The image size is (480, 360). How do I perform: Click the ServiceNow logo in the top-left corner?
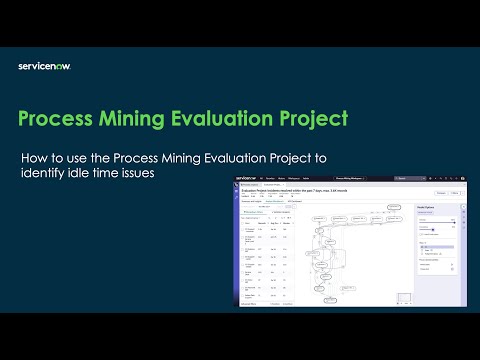tap(44, 66)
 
